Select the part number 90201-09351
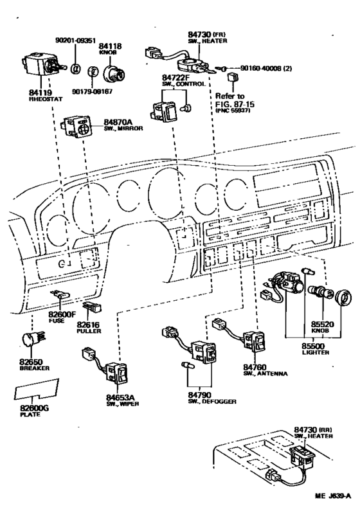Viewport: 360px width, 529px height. point(76,40)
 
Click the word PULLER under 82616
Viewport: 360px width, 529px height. point(89,323)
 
